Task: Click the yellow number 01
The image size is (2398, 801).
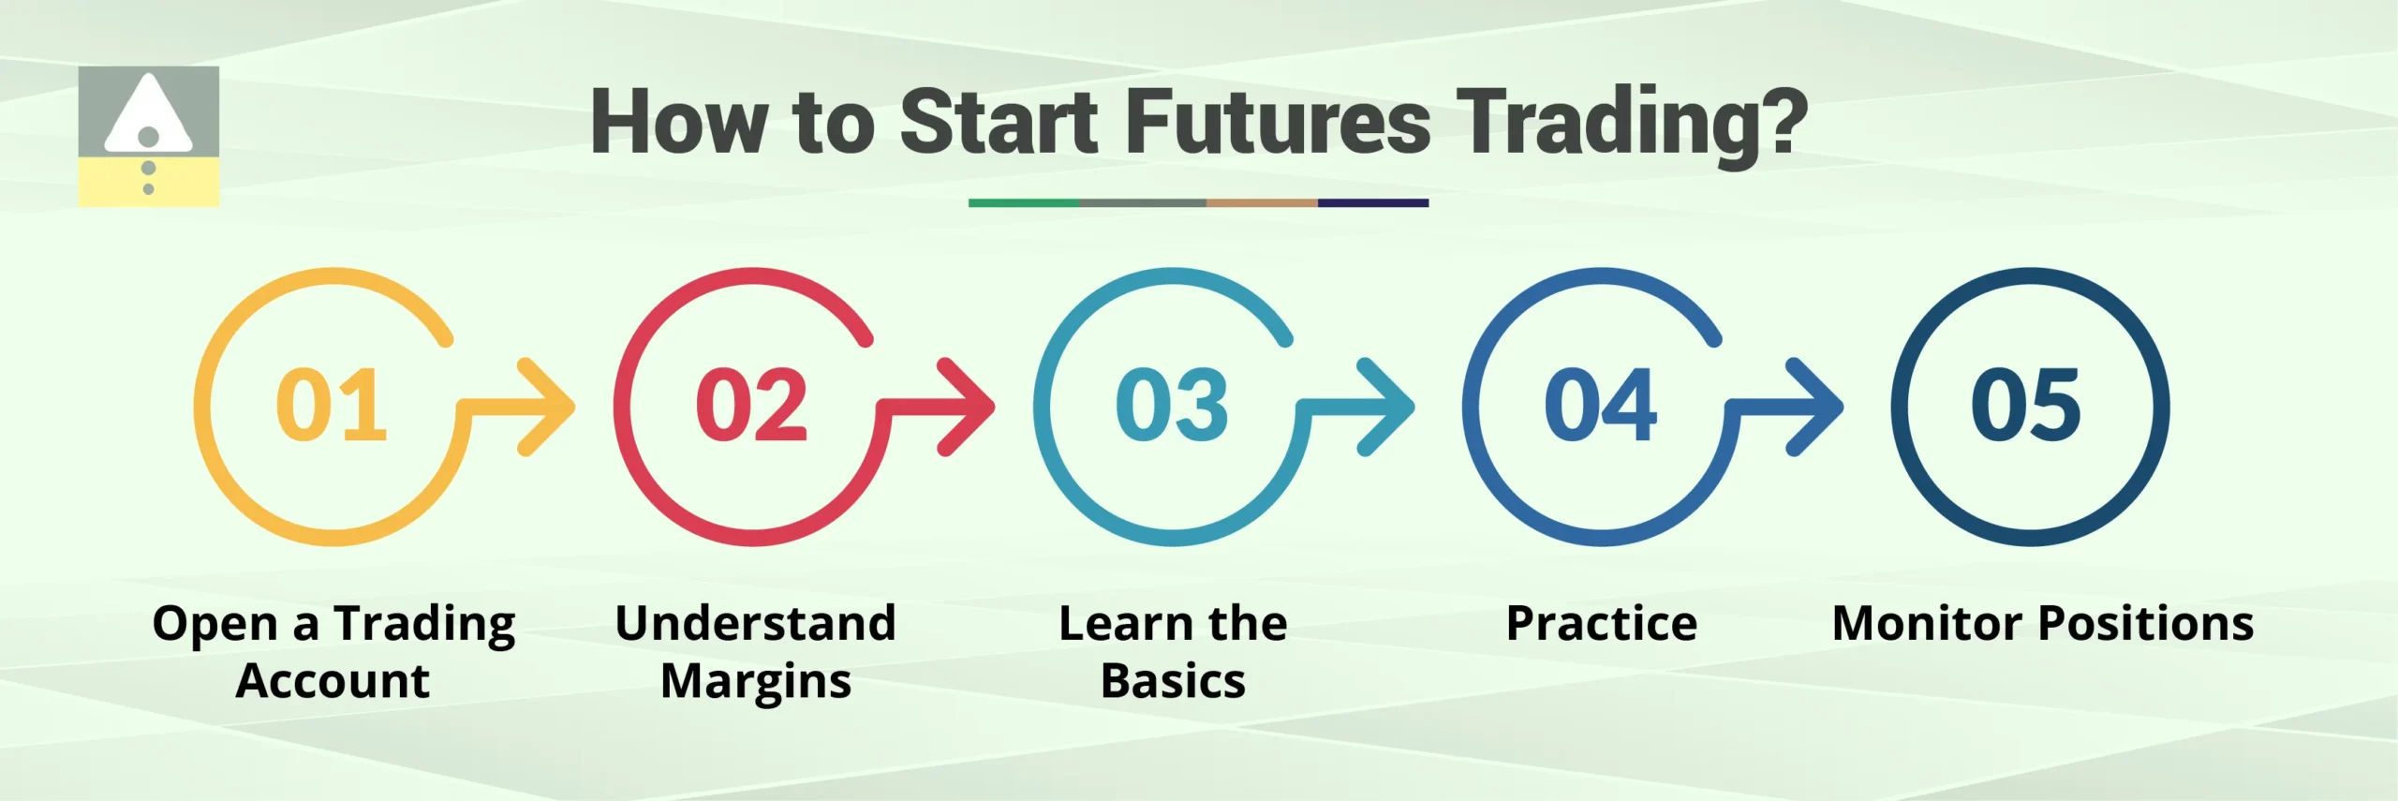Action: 331,405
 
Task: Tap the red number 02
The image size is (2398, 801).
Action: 751,405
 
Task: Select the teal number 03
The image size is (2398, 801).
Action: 1172,405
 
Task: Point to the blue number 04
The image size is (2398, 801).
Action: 1600,405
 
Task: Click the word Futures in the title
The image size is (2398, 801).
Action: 1278,122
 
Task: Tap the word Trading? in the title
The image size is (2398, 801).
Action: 1634,122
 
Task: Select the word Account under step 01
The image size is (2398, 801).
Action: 333,681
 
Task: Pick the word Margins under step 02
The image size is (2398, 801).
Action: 756,681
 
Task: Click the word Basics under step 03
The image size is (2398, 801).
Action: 1173,681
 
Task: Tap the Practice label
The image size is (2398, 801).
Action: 1601,623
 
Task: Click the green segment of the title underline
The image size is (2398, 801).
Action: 1023,202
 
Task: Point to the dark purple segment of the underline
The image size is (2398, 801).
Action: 1372,202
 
